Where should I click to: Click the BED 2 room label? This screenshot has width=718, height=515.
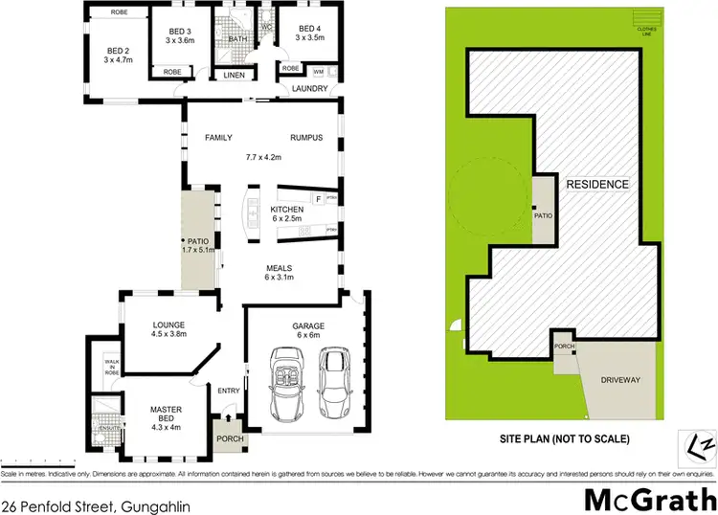tap(118, 51)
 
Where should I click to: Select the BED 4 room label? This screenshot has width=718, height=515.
tap(309, 29)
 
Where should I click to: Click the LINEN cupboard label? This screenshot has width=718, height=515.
tap(234, 74)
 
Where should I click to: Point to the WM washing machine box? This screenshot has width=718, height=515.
tap(318, 71)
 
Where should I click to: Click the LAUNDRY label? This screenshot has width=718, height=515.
tap(311, 89)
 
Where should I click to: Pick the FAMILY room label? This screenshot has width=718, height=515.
tap(219, 138)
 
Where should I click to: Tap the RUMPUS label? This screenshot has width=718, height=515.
tap(307, 138)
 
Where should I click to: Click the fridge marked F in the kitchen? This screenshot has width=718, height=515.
tap(317, 198)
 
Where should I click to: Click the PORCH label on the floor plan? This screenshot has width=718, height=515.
tap(229, 440)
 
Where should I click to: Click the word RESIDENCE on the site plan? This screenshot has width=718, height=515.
tap(597, 185)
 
